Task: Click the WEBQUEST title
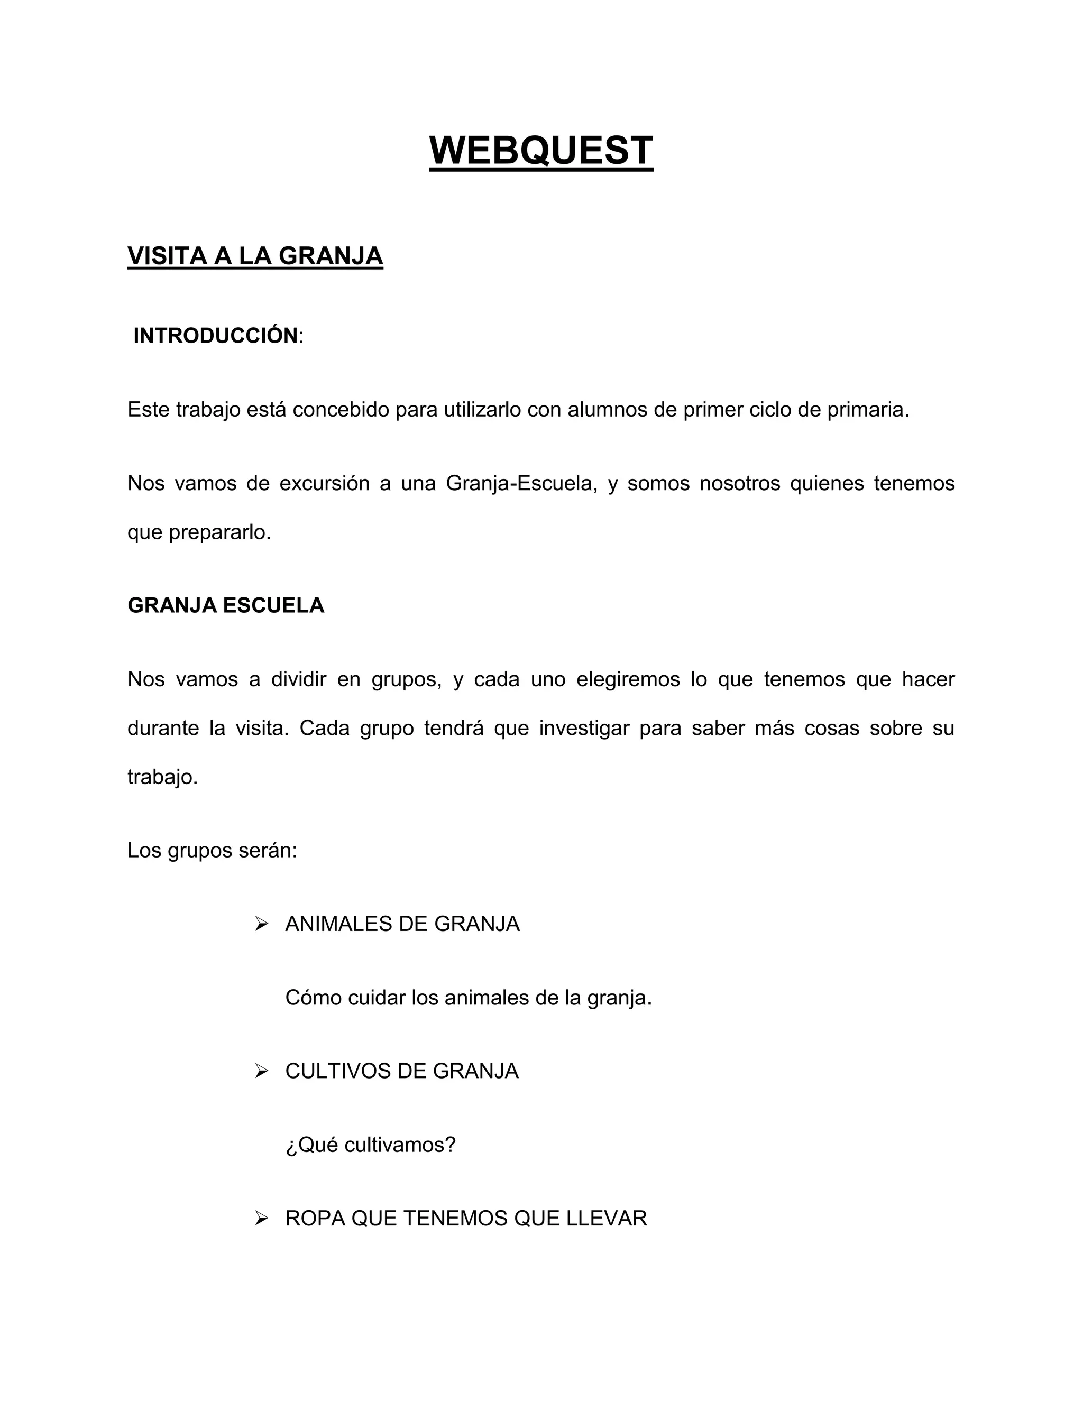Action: (541, 151)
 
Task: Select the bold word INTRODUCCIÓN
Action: (216, 336)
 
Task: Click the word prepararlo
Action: (220, 532)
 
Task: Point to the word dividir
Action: (298, 679)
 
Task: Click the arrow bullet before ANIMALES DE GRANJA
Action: (261, 924)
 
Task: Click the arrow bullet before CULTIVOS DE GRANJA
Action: (261, 1071)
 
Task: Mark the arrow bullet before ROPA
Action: (261, 1218)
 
